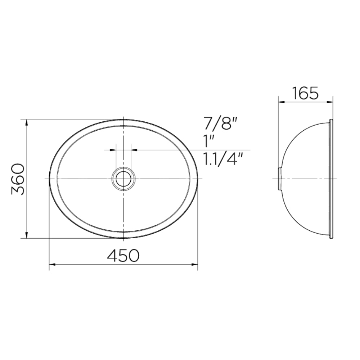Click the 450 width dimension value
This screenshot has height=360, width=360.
123,256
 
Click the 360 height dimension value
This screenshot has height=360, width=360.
18,179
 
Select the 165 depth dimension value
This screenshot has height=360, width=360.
305,93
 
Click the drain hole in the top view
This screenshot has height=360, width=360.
123,179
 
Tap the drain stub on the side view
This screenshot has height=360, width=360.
279,179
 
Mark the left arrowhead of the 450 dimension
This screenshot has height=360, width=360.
51,265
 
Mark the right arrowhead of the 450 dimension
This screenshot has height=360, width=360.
195,265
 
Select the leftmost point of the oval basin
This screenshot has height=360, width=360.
50,179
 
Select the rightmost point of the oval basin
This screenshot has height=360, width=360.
198,179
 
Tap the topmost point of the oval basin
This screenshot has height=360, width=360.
123,120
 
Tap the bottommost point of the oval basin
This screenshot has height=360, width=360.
123,238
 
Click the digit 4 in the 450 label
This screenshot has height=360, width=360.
112,256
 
